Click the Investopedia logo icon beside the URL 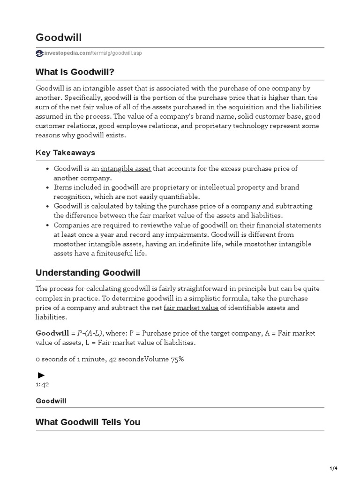[x=39, y=53]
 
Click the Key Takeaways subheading [x=65, y=152]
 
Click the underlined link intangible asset [x=126, y=168]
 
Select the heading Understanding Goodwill [x=88, y=272]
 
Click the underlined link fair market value [x=191, y=308]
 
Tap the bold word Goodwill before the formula [x=52, y=333]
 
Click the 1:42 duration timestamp [x=42, y=384]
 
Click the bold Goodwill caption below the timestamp [x=51, y=401]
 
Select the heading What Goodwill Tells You [x=88, y=422]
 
